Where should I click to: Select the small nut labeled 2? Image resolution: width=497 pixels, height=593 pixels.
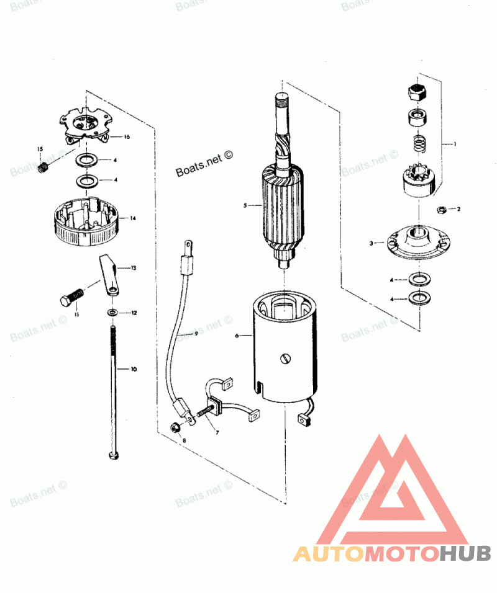pyautogui.click(x=442, y=208)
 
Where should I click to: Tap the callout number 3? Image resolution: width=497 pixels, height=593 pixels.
pyautogui.click(x=372, y=244)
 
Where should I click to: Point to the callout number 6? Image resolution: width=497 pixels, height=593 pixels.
pyautogui.click(x=237, y=336)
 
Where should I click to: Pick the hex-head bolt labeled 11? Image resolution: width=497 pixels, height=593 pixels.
pyautogui.click(x=70, y=300)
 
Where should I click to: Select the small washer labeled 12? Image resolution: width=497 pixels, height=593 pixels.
pyautogui.click(x=112, y=313)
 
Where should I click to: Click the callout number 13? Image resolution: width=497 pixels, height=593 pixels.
pyautogui.click(x=133, y=269)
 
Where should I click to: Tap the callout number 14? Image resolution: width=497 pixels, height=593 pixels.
pyautogui.click(x=133, y=218)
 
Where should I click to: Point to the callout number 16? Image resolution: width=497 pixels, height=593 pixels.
pyautogui.click(x=127, y=136)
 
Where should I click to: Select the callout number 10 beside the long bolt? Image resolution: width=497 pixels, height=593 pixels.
pyautogui.click(x=133, y=369)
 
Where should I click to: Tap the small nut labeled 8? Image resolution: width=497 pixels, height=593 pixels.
pyautogui.click(x=175, y=427)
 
